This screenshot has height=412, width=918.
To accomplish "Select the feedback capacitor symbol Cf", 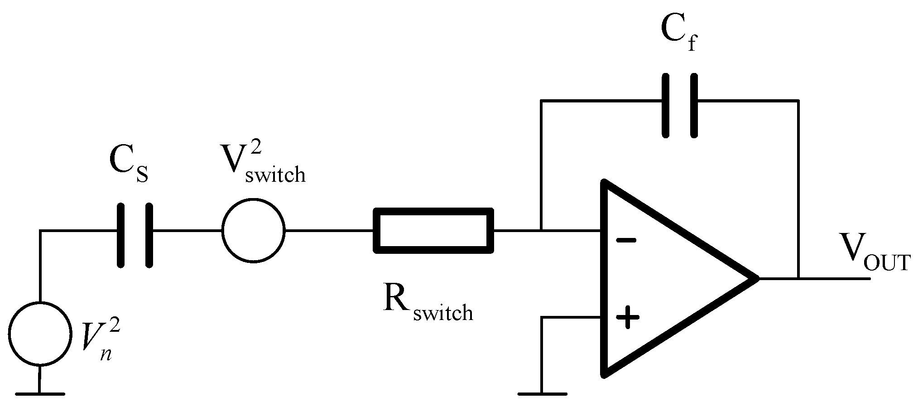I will pyautogui.click(x=679, y=105).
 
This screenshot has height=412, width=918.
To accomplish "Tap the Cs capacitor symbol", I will pyautogui.click(x=135, y=235).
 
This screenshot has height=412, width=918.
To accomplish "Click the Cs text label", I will pyautogui.click(x=129, y=168).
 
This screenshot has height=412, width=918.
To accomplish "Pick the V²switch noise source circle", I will pyautogui.click(x=253, y=230).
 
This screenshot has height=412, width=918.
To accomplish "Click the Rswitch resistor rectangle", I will pyautogui.click(x=433, y=230).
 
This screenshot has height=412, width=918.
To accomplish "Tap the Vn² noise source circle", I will pyautogui.click(x=40, y=334).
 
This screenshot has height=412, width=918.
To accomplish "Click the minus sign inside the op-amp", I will pyautogui.click(x=626, y=241).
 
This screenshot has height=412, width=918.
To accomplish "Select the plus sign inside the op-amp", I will pyautogui.click(x=627, y=318).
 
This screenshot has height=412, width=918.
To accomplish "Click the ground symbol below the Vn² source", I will pyautogui.click(x=40, y=393).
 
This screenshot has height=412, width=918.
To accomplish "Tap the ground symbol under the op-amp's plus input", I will pyautogui.click(x=542, y=393).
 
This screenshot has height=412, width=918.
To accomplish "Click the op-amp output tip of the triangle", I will pyautogui.click(x=756, y=278).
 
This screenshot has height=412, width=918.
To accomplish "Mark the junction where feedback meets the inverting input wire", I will pyautogui.click(x=541, y=230).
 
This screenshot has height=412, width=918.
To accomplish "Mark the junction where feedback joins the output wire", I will pyautogui.click(x=798, y=278).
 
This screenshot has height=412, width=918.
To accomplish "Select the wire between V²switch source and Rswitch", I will pyautogui.click(x=329, y=230).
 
